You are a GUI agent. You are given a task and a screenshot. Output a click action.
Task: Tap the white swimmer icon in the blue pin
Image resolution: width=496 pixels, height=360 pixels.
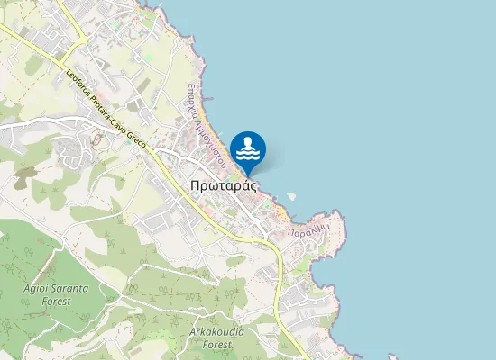pyautogui.click(x=248, y=148)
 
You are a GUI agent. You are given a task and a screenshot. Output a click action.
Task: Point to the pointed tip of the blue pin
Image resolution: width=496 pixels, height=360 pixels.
pyautogui.click(x=248, y=175)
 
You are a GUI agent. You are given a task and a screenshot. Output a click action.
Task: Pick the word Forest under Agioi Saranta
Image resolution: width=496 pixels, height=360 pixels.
pyautogui.click(x=57, y=302)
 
